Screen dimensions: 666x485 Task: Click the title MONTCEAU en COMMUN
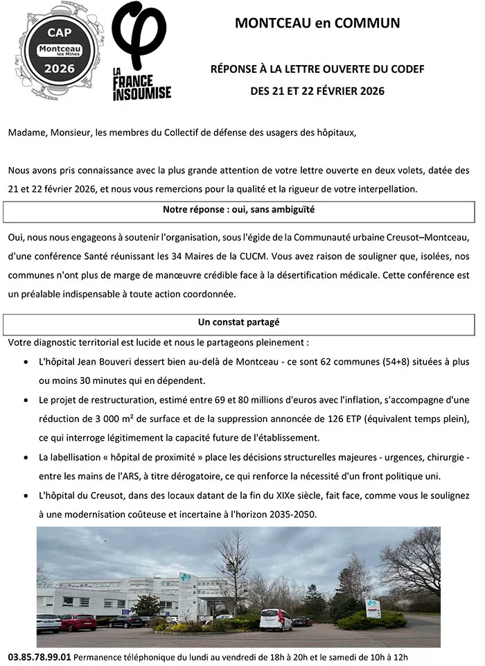point(317,24)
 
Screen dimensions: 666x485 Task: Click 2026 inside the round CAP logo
point(60,69)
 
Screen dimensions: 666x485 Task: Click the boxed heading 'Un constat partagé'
point(238,322)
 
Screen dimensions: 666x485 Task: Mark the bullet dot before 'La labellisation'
point(26,458)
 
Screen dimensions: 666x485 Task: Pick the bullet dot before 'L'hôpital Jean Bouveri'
point(26,362)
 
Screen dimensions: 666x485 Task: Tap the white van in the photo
point(276,619)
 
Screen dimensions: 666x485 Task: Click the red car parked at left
point(78,622)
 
